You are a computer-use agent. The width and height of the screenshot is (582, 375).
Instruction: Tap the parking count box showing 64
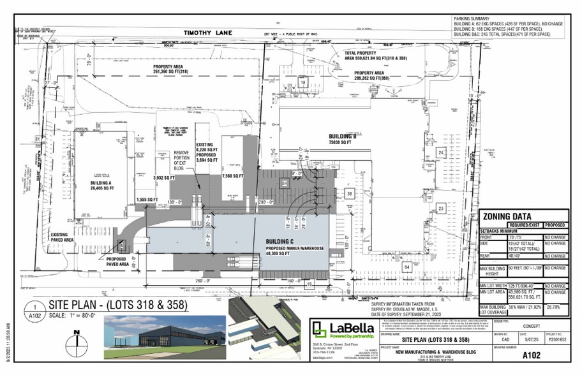click(406, 267)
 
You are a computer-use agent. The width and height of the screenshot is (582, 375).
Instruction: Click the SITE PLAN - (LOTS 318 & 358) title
click(115, 305)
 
